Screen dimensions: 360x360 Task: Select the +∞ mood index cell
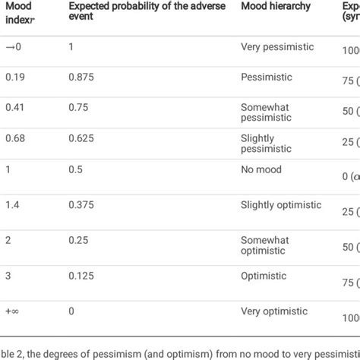coord(13,311)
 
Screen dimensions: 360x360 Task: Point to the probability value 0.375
coord(81,205)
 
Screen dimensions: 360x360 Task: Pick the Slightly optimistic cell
coord(281,205)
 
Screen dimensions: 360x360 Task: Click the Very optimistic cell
coord(273,311)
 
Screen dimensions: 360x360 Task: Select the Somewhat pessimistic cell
coord(267,113)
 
